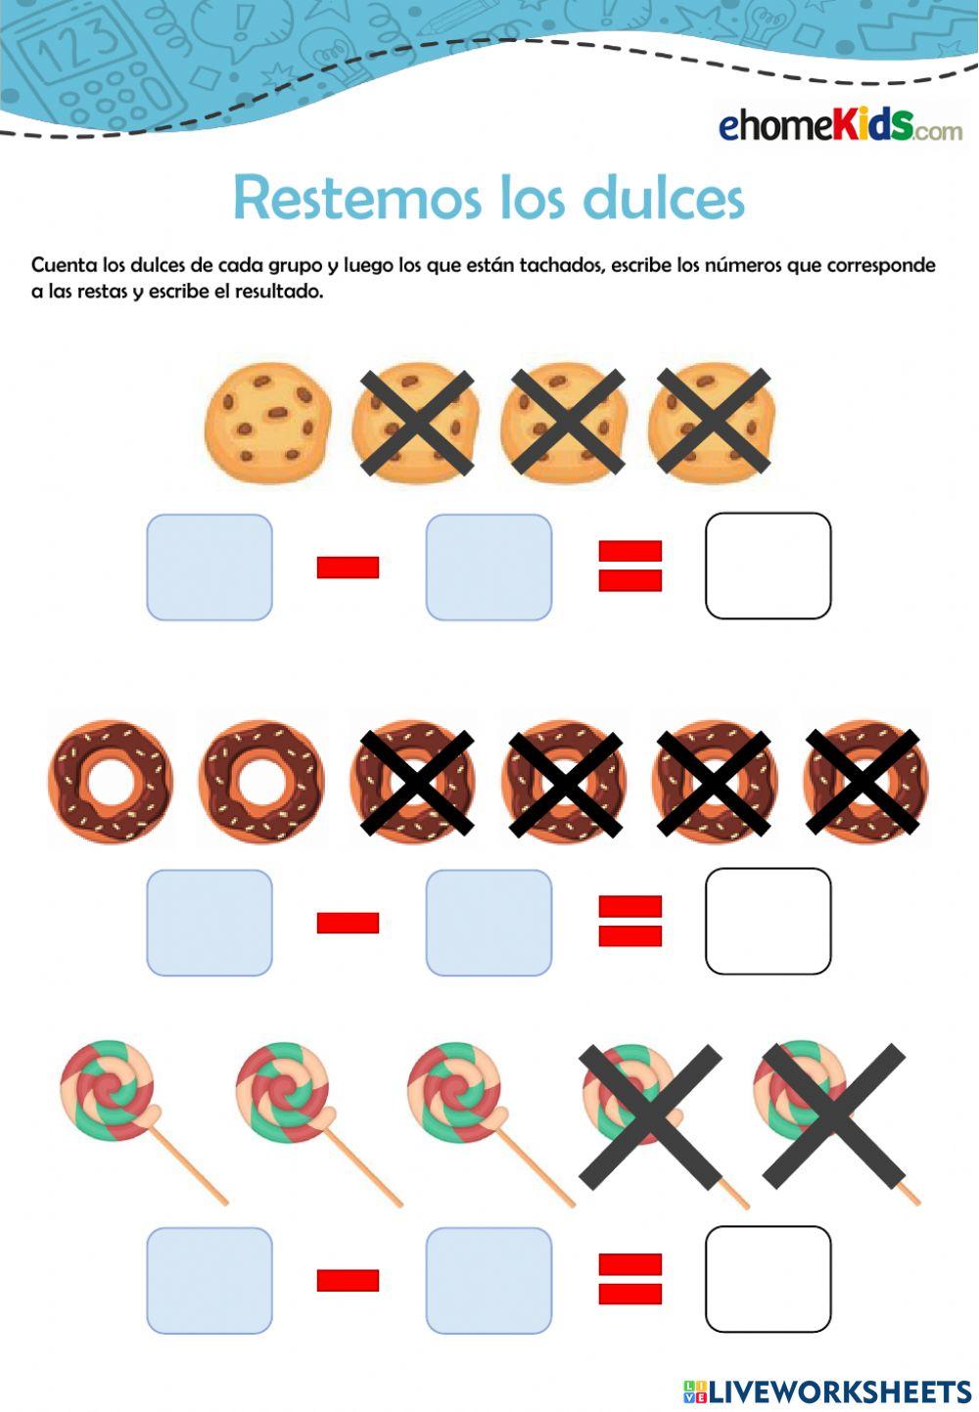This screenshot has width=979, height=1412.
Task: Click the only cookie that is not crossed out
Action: (267, 422)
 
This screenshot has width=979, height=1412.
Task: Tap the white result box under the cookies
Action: (768, 567)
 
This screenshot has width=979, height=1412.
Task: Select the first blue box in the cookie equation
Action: (210, 568)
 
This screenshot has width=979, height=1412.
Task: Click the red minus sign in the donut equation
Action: (348, 923)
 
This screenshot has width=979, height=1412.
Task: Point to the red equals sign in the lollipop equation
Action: (629, 1279)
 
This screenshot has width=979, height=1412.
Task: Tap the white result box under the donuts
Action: (768, 922)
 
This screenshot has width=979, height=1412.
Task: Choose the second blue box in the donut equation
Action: (489, 923)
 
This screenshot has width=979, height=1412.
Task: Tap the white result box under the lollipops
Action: (768, 1279)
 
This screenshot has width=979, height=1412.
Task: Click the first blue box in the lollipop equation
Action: (210, 1280)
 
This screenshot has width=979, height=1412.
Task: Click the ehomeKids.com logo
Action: (840, 126)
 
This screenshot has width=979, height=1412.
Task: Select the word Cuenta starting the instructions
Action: (64, 265)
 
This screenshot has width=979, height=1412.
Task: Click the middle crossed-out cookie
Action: (563, 422)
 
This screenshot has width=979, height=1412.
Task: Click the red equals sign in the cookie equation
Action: (629, 567)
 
